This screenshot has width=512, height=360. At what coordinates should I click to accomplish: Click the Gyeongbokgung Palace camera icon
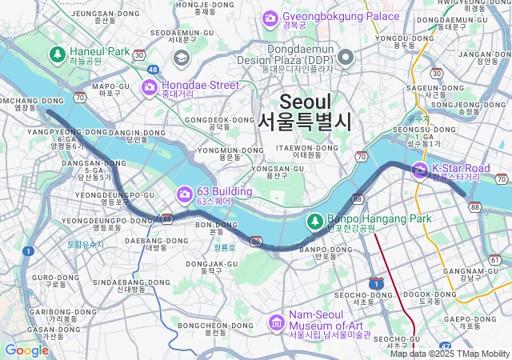pyautogui.click(x=270, y=17)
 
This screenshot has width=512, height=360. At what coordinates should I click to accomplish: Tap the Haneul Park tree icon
pyautogui.click(x=58, y=54)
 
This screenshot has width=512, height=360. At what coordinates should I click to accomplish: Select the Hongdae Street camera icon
pyautogui.click(x=150, y=86)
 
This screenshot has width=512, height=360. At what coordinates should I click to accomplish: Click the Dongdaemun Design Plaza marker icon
pyautogui.click(x=346, y=56)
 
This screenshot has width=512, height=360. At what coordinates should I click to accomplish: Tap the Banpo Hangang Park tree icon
pyautogui.click(x=316, y=220)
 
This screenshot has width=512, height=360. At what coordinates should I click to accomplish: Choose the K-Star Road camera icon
pyautogui.click(x=420, y=170)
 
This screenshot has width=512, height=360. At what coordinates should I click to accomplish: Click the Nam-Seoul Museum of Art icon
pyautogui.click(x=277, y=322)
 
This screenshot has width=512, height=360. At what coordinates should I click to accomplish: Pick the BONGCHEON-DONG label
pyautogui.click(x=205, y=326)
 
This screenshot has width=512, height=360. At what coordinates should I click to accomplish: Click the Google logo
pyautogui.click(x=26, y=350)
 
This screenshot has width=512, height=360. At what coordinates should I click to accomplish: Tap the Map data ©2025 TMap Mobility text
pyautogui.click(x=449, y=354)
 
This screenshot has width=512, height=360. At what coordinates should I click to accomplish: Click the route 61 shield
pyautogui.click(x=495, y=261)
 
